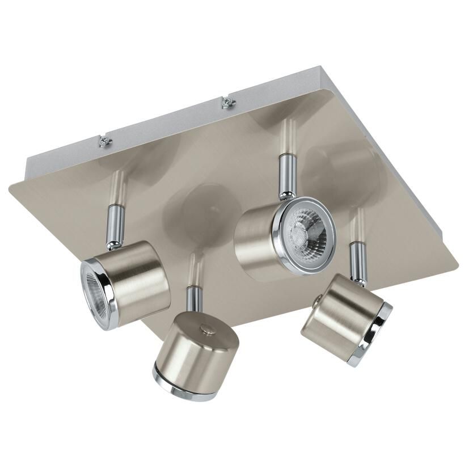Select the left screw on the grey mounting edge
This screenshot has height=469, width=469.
pos(104,142)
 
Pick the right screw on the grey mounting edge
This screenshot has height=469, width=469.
pos(227,103)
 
